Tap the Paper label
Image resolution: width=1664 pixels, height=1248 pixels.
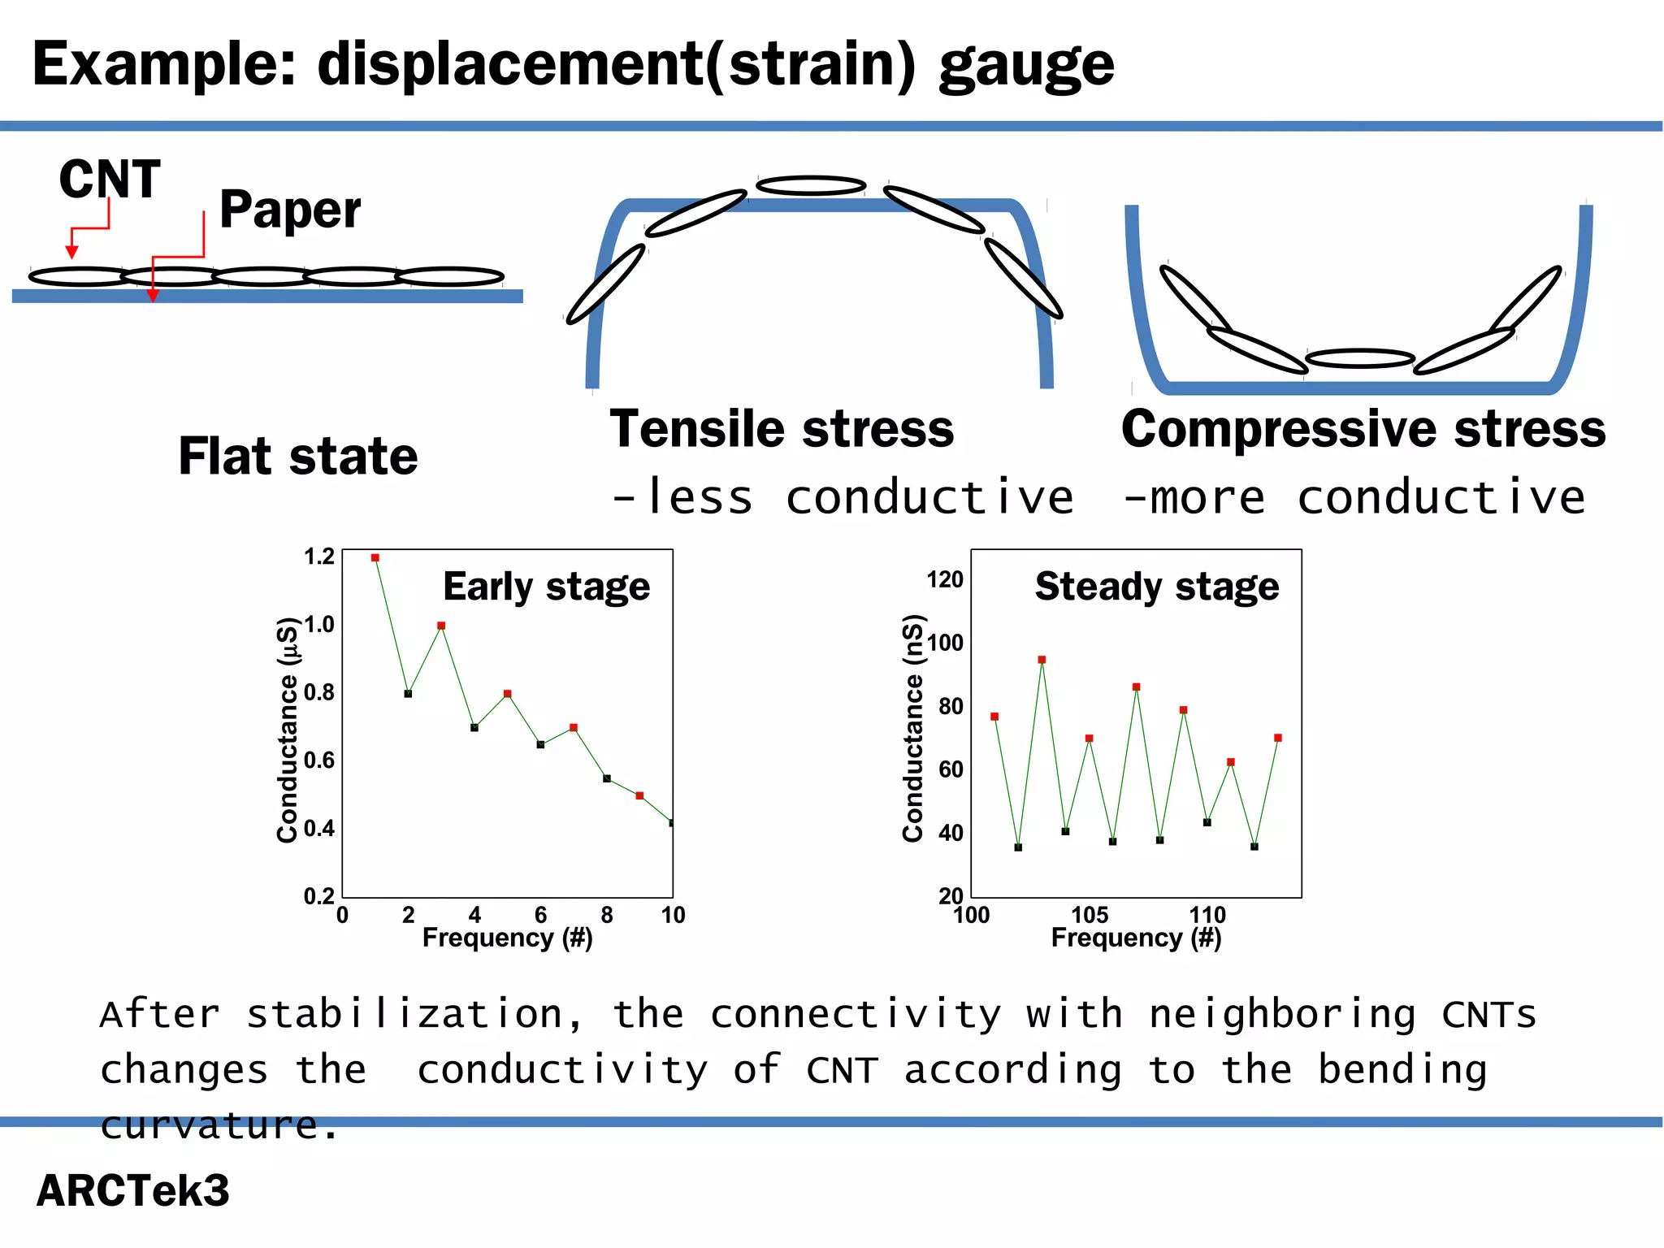[290, 210]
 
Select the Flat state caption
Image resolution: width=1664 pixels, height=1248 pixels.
[298, 456]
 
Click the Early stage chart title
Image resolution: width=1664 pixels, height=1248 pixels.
[546, 587]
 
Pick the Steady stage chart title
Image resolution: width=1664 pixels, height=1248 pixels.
[1157, 587]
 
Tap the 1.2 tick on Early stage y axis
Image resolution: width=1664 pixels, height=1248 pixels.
[318, 557]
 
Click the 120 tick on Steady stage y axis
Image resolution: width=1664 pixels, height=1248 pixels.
[945, 579]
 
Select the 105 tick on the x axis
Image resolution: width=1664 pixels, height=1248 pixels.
[1090, 915]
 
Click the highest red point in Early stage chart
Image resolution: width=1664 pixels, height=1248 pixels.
[375, 558]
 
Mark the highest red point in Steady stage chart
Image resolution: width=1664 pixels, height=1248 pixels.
[1042, 660]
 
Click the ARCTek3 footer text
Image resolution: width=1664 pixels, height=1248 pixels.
[133, 1190]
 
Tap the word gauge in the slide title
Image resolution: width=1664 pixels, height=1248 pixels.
[1027, 65]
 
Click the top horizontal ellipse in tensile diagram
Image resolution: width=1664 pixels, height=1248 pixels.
[811, 186]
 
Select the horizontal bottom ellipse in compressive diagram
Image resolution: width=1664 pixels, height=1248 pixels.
[1360, 358]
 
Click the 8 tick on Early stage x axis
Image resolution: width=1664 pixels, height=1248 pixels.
[607, 915]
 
